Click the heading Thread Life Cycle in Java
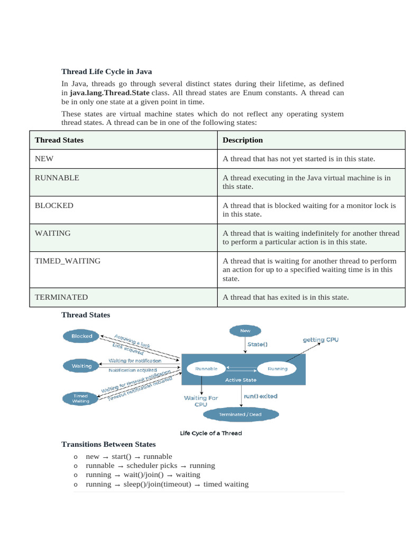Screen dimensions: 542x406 tap(106, 71)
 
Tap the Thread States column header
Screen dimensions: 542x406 tap(59, 140)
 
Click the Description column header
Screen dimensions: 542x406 tap(243, 140)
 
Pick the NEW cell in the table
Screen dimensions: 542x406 tap(44, 159)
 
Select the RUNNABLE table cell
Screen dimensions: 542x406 tap(57, 178)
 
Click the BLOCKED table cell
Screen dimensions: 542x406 tap(54, 205)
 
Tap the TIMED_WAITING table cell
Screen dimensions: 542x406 tap(68, 260)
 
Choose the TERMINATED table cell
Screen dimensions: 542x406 tap(61, 297)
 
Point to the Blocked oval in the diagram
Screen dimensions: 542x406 tap(81, 336)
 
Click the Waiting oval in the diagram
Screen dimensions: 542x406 tap(81, 366)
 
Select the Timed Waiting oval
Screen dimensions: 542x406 tap(80, 399)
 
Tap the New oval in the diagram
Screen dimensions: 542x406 tap(245, 331)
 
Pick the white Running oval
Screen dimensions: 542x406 tap(278, 368)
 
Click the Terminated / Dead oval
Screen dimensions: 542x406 tap(241, 414)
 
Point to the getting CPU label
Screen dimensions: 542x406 tap(320, 339)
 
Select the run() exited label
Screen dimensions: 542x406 tap(260, 396)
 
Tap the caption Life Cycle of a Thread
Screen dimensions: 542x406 tap(211, 433)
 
